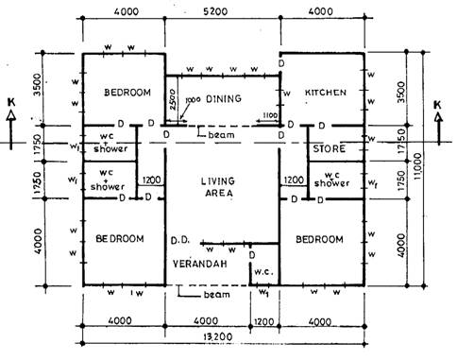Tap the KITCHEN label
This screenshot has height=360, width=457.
tap(325, 93)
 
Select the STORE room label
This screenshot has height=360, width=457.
tap(329, 149)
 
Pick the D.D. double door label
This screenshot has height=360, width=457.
tap(181, 241)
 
